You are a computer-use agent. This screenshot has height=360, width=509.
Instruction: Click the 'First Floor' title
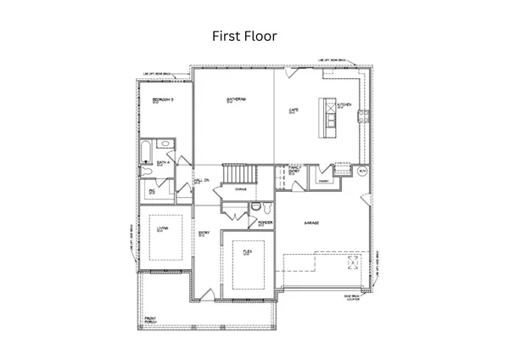(243, 37)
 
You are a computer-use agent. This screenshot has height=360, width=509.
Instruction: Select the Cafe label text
(294, 110)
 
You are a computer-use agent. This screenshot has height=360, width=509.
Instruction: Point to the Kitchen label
(344, 105)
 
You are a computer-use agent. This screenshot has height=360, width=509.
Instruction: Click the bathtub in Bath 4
(144, 153)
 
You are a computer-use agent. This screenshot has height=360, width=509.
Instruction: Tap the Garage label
(312, 222)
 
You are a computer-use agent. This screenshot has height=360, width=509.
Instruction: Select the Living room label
(160, 229)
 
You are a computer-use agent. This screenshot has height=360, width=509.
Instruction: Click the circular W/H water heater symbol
(362, 172)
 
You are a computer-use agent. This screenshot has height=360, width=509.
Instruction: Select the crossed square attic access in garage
(351, 263)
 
